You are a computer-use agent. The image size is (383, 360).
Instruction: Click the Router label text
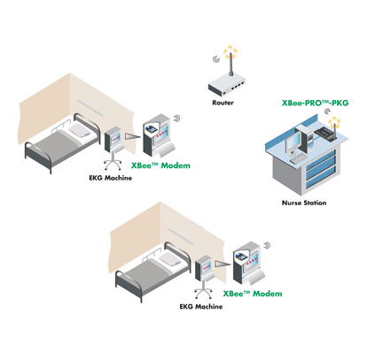pyautogui.click(x=223, y=103)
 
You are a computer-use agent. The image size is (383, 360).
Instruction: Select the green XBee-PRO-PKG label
pyautogui.click(x=315, y=103)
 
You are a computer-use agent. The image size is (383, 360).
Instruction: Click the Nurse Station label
pyautogui.click(x=304, y=203)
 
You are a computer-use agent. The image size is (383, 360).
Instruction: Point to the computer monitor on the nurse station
pyautogui.click(x=293, y=144)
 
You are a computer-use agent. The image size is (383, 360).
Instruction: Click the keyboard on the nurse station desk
pyautogui.click(x=299, y=159)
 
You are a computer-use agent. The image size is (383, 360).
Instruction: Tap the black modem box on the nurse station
pyautogui.click(x=325, y=134)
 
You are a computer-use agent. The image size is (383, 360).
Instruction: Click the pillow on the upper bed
pyautogui.click(x=80, y=130)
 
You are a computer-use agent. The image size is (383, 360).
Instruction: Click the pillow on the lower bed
pyautogui.click(x=170, y=259)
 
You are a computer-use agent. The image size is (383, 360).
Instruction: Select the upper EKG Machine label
pyautogui.click(x=111, y=178)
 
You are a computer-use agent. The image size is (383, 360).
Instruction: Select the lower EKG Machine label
pyautogui.click(x=201, y=307)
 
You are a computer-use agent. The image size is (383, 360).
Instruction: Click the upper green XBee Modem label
pyautogui.click(x=160, y=165)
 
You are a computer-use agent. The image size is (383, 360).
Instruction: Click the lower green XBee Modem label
pyautogui.click(x=253, y=294)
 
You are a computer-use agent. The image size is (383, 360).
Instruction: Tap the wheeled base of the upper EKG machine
pyautogui.click(x=113, y=165)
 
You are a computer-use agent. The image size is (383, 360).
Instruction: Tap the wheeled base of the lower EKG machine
pyautogui.click(x=203, y=293)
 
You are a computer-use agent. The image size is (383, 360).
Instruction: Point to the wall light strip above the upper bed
pyautogui.click(x=90, y=108)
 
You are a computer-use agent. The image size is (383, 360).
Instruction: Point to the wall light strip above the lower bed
pyautogui.click(x=181, y=236)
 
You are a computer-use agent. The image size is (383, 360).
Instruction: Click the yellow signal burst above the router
pyautogui.click(x=231, y=52)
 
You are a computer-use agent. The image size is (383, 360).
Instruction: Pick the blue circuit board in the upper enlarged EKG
pyautogui.click(x=151, y=129)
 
